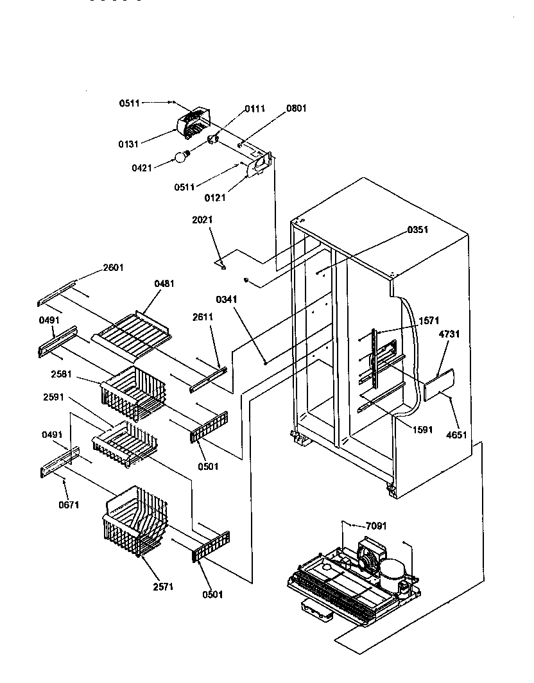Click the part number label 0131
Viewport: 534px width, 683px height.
point(128,143)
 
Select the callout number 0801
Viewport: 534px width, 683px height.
point(297,108)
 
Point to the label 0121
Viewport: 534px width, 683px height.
point(216,198)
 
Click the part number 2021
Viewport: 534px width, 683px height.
point(202,220)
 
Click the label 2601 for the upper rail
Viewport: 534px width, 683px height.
point(113,268)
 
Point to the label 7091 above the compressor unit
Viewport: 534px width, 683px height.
point(377,526)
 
